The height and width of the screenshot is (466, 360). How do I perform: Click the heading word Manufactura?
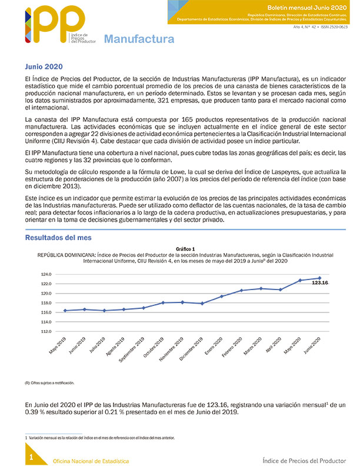click(x=139, y=39)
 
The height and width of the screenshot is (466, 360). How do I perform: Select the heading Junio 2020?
click(x=44, y=66)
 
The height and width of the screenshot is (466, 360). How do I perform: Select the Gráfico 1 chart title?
click(x=185, y=249)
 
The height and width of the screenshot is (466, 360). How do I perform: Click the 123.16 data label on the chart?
click(x=319, y=283)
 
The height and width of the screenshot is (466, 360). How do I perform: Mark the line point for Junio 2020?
click(x=319, y=278)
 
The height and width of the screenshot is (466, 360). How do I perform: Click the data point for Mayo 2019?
click(x=65, y=310)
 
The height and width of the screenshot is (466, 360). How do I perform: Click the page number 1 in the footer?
click(x=31, y=457)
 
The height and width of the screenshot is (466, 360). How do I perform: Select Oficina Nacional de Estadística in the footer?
click(x=91, y=460)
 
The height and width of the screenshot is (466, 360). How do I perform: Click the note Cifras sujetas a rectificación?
click(x=49, y=382)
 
